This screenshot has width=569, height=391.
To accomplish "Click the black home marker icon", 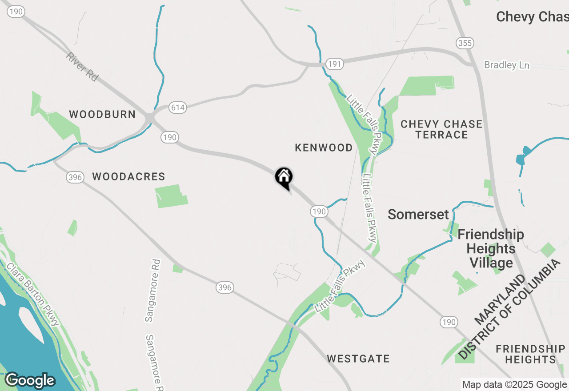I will pos(284,177).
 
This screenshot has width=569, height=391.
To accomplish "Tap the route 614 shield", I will pos(177,108).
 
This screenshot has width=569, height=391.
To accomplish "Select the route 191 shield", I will pos(334,64).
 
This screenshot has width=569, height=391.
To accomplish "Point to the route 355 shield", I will pos(465,43).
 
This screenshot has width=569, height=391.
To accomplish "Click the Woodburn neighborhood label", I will pos(102,114).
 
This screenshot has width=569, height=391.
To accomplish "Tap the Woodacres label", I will pos(128,176).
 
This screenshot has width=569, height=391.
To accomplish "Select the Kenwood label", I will pos(324,148).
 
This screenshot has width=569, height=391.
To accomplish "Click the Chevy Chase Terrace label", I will pos(441,129).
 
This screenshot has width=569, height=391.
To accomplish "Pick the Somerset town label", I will pos(418,214).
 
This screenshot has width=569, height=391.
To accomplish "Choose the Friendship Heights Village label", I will pos(491,248).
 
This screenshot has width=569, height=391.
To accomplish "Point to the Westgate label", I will pos(358,359).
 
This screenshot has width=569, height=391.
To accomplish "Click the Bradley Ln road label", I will pos(507,65).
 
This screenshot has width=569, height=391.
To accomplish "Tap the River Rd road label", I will pos(82,67).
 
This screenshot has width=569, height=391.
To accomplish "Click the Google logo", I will pos(30,380).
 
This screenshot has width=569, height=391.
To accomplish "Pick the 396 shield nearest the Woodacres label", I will pos(75,177).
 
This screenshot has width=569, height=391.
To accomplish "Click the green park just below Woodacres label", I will pos(171,197).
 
